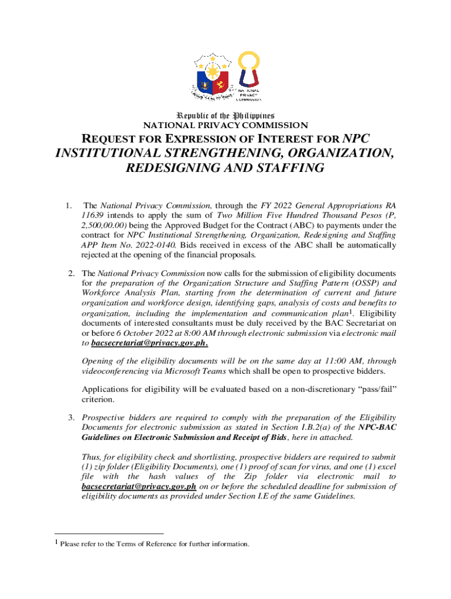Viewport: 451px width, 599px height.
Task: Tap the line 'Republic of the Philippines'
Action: click(225, 115)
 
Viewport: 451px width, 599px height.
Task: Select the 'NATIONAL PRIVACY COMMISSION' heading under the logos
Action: click(225, 125)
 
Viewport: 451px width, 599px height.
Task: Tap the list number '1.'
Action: click(69, 206)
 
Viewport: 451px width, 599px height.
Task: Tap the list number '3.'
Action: click(69, 418)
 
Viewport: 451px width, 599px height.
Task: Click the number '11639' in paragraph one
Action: click(93, 215)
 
